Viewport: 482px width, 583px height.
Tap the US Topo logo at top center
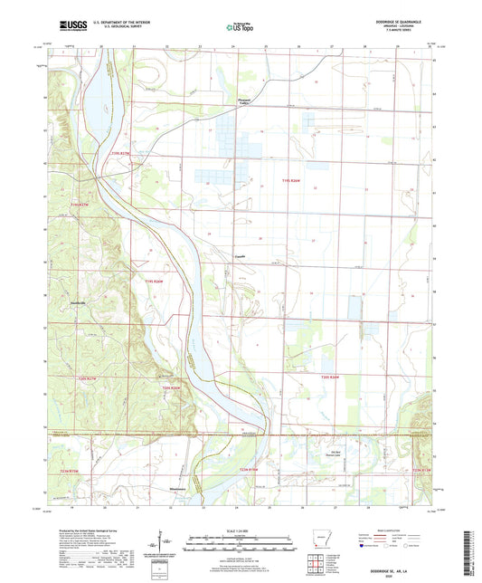(x=240, y=28)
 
